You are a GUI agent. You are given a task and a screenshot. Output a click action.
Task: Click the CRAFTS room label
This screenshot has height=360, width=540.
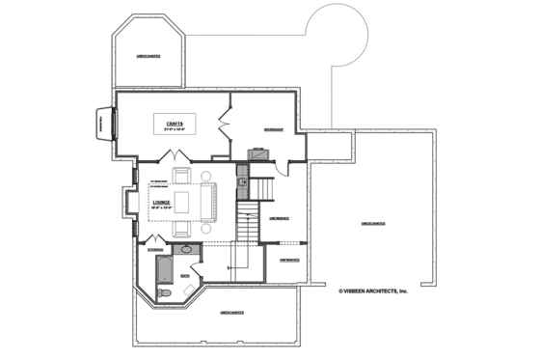click(175, 122)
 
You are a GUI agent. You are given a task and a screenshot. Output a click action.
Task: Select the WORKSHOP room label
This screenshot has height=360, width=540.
click(273, 128)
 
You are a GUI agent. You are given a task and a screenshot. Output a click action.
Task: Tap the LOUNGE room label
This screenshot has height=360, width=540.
click(160, 203)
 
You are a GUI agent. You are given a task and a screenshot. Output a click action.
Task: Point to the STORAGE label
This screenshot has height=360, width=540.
click(155, 250)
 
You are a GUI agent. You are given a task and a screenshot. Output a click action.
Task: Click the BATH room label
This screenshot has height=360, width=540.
click(185, 276)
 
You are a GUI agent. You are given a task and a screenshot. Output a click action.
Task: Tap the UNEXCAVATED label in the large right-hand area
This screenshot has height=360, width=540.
click(373, 223)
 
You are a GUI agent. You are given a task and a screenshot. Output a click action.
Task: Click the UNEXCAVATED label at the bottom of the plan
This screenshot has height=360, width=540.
click(231, 312)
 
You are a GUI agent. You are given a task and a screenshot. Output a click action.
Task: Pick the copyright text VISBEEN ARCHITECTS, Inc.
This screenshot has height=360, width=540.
click(373, 290)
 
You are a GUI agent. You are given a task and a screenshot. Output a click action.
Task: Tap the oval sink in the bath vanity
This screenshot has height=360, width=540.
click(189, 250)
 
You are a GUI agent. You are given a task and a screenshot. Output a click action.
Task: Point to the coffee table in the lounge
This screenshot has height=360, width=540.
click(183, 203)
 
